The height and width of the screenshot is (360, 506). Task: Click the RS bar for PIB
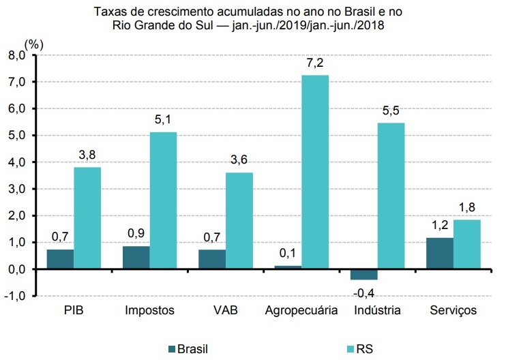click(88, 217)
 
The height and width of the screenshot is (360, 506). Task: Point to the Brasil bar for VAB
click(211, 259)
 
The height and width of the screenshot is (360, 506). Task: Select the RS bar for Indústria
click(391, 196)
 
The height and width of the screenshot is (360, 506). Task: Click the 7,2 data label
click(315, 63)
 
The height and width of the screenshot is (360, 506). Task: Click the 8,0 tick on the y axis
click(16, 55)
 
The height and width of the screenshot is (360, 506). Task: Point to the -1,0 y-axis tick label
click(15, 296)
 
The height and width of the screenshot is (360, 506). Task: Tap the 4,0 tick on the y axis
click(16, 162)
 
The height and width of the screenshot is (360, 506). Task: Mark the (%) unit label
click(33, 44)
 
